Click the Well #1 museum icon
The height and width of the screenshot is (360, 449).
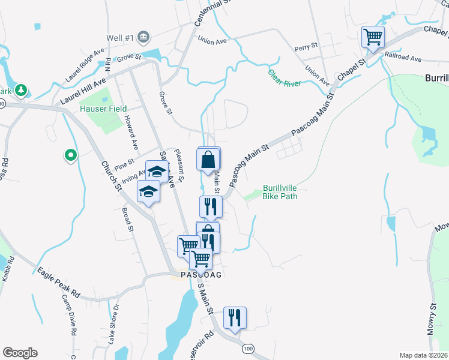coord(143,38)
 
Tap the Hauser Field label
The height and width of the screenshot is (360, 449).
coord(103,109)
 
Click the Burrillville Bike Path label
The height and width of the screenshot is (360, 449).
coord(280,191)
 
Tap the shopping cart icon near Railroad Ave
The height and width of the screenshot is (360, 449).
coord(373,38)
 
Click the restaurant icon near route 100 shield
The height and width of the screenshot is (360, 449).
coord(235,317)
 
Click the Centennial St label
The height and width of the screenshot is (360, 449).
coord(204,13)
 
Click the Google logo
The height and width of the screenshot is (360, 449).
coord(20,353)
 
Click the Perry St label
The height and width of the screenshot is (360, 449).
coord(306,47)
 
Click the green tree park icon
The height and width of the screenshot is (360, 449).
coord(22,90)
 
